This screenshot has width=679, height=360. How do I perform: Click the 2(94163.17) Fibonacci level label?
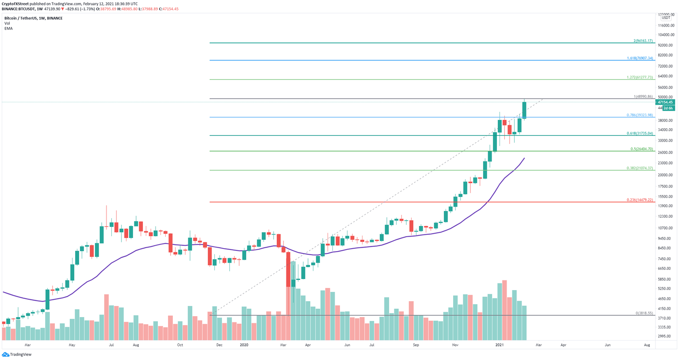tap(643, 41)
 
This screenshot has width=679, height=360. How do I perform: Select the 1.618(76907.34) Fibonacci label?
tap(640, 58)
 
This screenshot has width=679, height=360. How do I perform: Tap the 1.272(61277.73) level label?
tap(640, 77)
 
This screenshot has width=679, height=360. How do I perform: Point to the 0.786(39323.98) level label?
tap(640, 115)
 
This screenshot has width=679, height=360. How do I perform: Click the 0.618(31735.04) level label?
tap(640, 133)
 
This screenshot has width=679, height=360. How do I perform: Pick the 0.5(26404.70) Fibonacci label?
tap(641, 149)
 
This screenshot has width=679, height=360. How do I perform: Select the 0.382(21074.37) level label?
tap(640, 168)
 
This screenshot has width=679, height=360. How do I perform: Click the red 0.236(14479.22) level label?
tap(640, 200)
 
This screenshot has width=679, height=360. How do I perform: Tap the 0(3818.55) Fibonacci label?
tap(644, 313)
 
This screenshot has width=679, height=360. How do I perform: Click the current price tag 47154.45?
tap(665, 102)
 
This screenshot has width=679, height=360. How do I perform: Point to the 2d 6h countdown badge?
tap(668, 108)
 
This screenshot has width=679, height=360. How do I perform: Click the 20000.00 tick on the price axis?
tap(665, 175)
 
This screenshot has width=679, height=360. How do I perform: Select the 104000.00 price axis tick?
tap(665, 35)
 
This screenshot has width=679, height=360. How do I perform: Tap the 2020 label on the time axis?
tap(244, 345)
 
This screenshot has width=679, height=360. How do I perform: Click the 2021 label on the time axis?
tap(499, 345)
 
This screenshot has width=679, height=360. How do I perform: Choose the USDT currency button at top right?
tap(666, 18)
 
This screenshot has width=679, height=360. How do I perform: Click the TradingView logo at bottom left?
tap(16, 354)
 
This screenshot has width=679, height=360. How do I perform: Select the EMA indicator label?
tap(8, 29)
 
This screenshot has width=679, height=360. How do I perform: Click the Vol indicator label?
tap(7, 23)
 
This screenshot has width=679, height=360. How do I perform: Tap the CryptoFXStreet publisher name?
tap(15, 4)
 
